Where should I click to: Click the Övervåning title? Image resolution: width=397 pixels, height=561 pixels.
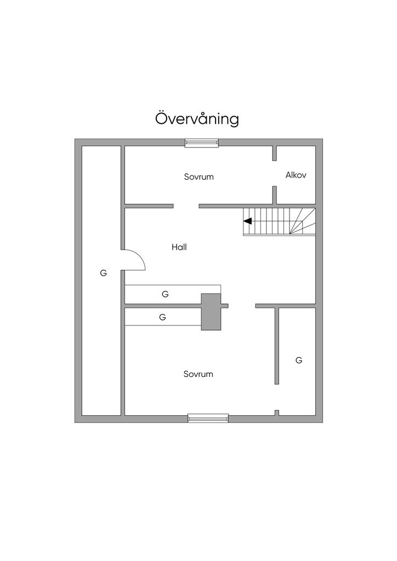[197, 119]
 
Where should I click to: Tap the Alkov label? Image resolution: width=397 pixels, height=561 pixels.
[296, 175]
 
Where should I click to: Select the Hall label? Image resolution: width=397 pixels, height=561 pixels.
[179, 247]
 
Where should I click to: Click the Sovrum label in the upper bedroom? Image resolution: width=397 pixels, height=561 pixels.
[198, 177]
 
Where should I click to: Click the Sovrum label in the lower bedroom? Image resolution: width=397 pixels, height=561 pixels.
[198, 374]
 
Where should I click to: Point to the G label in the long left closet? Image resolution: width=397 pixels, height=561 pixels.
[103, 273]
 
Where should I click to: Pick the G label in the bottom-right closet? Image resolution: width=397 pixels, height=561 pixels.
[299, 360]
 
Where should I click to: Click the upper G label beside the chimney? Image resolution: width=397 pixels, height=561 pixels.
[165, 294]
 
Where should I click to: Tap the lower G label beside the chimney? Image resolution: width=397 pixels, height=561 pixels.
[162, 317]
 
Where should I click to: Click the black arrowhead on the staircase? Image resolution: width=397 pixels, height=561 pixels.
[247, 221]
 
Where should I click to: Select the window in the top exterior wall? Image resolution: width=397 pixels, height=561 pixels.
[202, 143]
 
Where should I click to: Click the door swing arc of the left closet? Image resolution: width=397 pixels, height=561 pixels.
[137, 257]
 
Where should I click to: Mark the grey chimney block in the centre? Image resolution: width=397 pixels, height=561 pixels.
[211, 312]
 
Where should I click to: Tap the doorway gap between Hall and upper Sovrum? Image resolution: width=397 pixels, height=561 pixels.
[186, 206]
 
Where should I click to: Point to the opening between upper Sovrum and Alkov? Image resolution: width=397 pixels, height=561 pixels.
[274, 174]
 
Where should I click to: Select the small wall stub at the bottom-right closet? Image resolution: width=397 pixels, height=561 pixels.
[277, 413]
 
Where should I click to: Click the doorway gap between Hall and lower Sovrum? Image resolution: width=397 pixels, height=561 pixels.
[242, 305]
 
